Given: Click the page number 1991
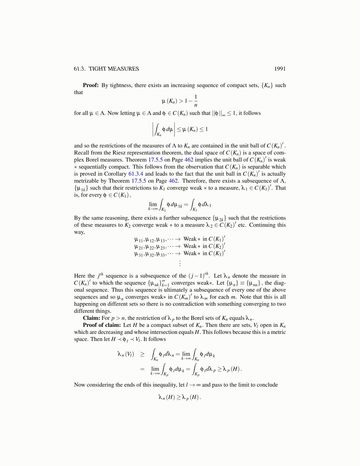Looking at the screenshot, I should (x=280, y=69).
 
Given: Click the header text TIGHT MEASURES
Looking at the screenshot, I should (x=114, y=69).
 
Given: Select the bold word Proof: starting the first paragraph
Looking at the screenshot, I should (x=91, y=85).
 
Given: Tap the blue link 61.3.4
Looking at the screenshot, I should (x=136, y=174).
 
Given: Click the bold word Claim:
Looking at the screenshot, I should (x=91, y=318).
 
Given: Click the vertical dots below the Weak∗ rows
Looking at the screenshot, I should (x=180, y=263).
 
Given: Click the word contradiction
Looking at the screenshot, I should (x=194, y=304).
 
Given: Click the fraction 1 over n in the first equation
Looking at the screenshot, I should (x=196, y=101).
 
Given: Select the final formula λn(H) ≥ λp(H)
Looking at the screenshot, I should (x=180, y=397).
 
